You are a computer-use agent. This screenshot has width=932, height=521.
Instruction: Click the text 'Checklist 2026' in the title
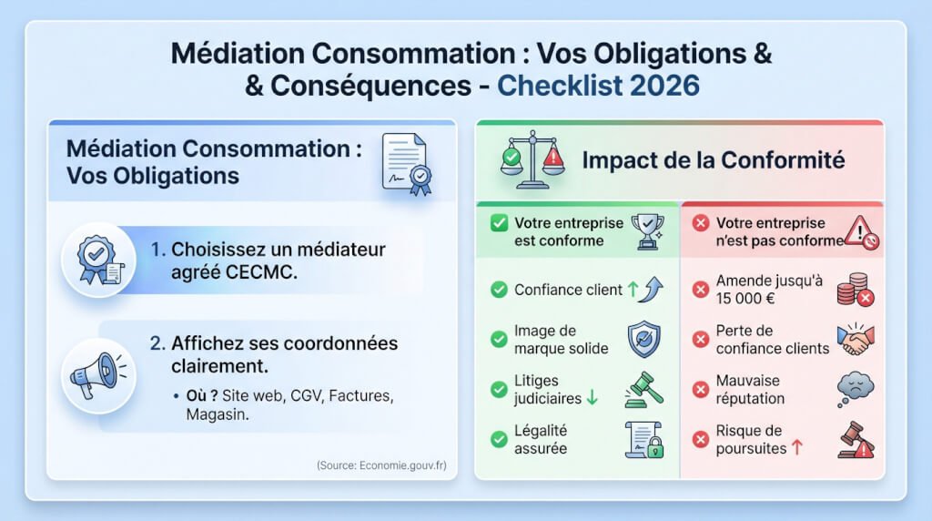tap(599, 86)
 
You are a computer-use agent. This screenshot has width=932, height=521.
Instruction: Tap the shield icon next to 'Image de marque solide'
tap(643, 339)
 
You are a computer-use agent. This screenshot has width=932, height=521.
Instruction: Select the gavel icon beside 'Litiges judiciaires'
tap(643, 390)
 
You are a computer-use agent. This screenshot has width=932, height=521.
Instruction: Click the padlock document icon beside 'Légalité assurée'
tap(643, 440)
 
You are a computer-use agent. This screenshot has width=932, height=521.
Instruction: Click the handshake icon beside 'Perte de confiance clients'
tap(855, 339)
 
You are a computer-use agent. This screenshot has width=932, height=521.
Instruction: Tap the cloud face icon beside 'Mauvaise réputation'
tap(855, 390)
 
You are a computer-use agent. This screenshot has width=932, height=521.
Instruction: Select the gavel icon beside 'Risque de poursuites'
tap(855, 441)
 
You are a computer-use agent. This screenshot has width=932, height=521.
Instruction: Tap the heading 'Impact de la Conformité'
tap(714, 161)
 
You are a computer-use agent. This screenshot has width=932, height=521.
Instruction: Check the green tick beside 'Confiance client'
tap(499, 290)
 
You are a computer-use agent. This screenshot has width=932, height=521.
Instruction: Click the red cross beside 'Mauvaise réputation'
tap(700, 390)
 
